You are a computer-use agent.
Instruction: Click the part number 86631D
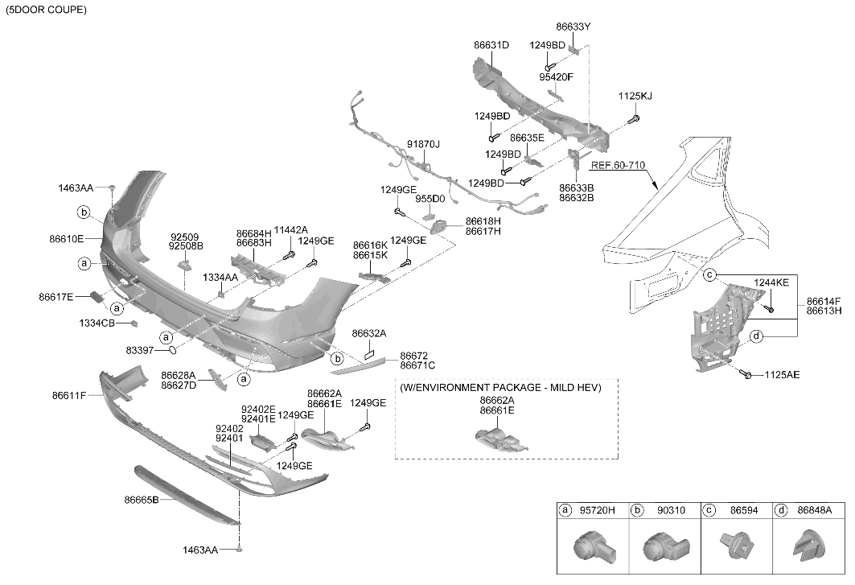(x=491, y=45)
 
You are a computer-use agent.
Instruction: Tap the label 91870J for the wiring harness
(x=423, y=144)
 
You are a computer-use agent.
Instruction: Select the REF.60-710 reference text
(x=618, y=165)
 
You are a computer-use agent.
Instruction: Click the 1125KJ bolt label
(x=635, y=96)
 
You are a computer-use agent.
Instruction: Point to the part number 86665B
(x=142, y=500)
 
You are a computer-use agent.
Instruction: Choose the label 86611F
(x=69, y=395)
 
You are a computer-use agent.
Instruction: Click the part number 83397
(x=140, y=350)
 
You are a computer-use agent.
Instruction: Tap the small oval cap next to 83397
(x=171, y=350)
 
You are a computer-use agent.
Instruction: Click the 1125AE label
(x=782, y=375)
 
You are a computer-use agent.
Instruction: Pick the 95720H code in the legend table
(x=597, y=510)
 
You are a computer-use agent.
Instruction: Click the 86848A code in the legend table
(x=815, y=510)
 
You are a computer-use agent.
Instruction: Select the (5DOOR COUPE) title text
(x=46, y=10)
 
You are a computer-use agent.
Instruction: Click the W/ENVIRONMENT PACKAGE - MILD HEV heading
(x=500, y=388)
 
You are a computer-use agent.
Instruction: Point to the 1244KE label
(x=771, y=282)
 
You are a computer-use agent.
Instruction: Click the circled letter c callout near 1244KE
(x=709, y=275)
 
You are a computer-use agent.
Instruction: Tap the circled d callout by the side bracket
(x=756, y=336)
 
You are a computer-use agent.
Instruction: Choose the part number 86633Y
(x=573, y=27)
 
